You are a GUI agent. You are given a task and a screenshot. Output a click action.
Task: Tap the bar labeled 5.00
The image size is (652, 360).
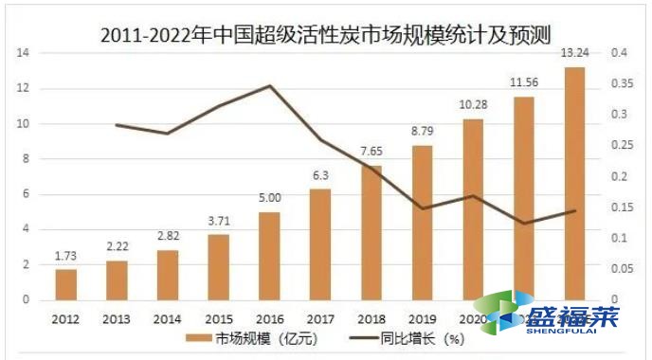(269, 257)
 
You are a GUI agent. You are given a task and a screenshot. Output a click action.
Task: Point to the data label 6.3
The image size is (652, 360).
(320, 175)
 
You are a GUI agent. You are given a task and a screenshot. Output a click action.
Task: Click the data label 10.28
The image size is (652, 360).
(473, 103)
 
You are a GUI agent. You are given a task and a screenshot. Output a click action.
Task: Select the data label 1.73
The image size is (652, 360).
(65, 256)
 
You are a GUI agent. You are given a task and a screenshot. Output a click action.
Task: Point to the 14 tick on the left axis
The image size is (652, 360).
(22, 53)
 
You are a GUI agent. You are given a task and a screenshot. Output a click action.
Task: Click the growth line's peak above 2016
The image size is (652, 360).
(269, 86)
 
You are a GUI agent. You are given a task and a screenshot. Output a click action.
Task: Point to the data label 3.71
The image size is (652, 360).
(218, 221)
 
